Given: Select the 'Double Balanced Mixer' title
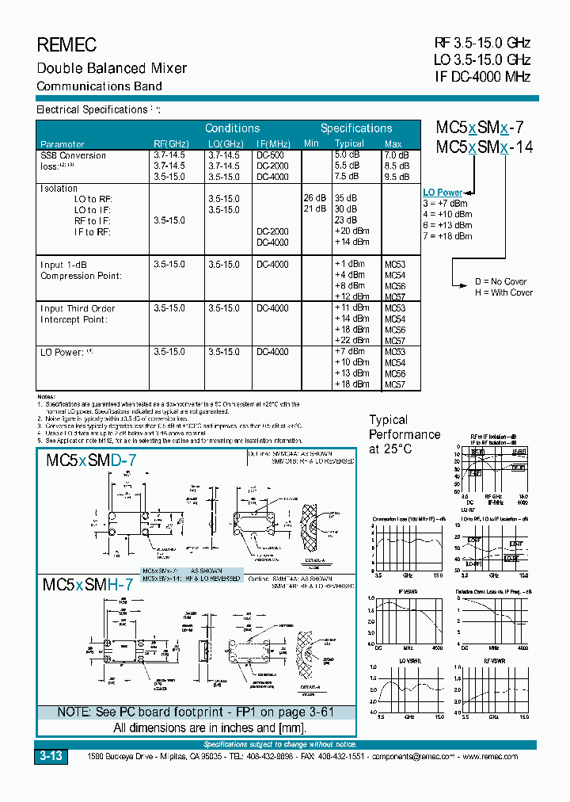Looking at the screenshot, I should click(x=112, y=68).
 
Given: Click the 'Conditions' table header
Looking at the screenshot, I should click(x=232, y=128).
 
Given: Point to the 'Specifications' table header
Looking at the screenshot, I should click(x=356, y=128).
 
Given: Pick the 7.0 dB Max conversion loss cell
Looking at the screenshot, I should click(x=397, y=155).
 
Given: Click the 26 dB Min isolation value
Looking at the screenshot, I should click(x=314, y=198).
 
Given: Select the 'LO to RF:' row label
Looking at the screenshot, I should click(x=93, y=199).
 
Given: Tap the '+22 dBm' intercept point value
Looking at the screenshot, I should click(x=351, y=341).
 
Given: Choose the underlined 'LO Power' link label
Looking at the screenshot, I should click(x=443, y=193).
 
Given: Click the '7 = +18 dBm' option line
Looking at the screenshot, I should click(x=447, y=235).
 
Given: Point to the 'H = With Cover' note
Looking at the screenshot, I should click(x=503, y=292).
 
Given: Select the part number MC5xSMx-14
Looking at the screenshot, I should click(x=480, y=147).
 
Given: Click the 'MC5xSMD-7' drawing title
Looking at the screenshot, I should click(x=91, y=460).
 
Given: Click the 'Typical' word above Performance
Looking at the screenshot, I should click(x=389, y=420).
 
